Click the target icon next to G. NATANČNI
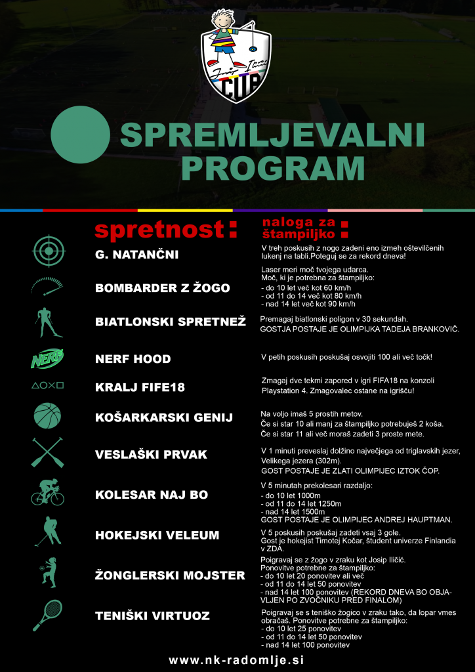(50, 251)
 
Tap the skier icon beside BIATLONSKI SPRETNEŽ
(48, 322)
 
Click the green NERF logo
(48, 359)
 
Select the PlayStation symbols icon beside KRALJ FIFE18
(48, 386)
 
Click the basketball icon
(47, 415)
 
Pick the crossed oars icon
(48, 453)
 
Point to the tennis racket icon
(47, 615)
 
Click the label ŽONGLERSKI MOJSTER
(170, 576)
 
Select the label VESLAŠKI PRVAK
(152, 455)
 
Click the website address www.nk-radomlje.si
(237, 660)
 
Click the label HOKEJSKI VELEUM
(157, 535)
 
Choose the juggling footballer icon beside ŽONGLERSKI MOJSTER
(48, 572)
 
